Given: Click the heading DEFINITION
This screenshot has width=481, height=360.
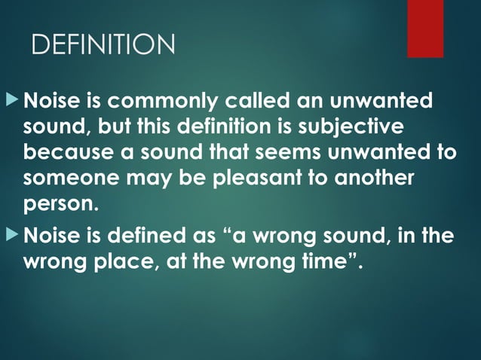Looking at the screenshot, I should pos(103,45).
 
